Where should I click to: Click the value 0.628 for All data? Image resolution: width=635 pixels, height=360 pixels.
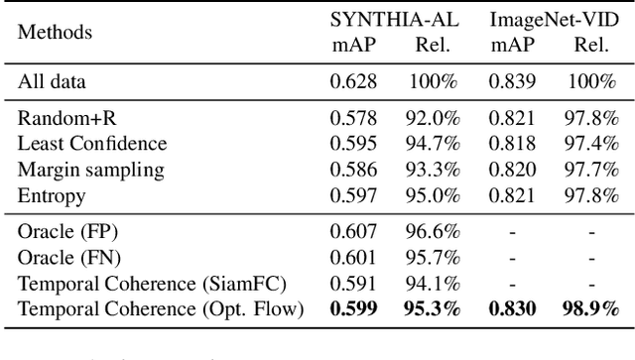[353, 80]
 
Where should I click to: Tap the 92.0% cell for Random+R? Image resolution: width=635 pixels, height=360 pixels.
[432, 117]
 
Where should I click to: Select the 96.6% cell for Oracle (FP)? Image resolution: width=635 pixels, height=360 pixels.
[432, 233]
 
